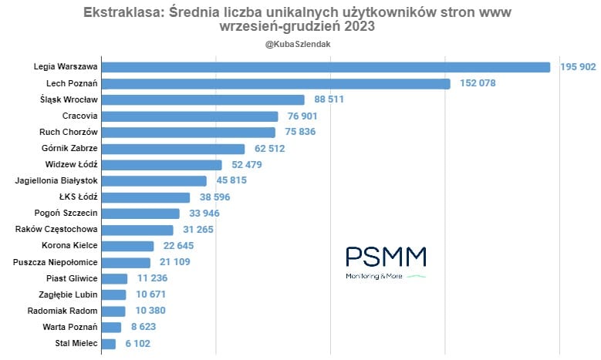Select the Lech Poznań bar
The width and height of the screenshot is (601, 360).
pos(275,83)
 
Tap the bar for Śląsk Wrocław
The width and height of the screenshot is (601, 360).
pos(203,99)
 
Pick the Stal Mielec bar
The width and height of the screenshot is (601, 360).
pos(108,344)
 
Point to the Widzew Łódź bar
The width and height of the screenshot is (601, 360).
pos(161,165)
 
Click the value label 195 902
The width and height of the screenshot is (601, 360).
pos(578,67)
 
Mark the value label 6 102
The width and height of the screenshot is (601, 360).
pos(137,344)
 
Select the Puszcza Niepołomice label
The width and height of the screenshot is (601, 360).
pos(56,262)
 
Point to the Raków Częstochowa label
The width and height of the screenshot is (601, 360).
pos(56,230)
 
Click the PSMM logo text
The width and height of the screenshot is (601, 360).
pos(386,257)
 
